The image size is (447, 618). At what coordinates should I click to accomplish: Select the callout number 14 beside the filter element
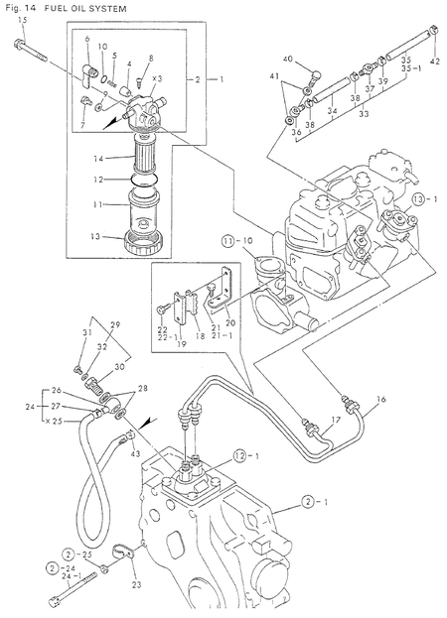(98, 158)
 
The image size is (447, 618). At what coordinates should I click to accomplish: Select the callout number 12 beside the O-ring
(98, 180)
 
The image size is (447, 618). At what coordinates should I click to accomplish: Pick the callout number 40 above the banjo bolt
(288, 62)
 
